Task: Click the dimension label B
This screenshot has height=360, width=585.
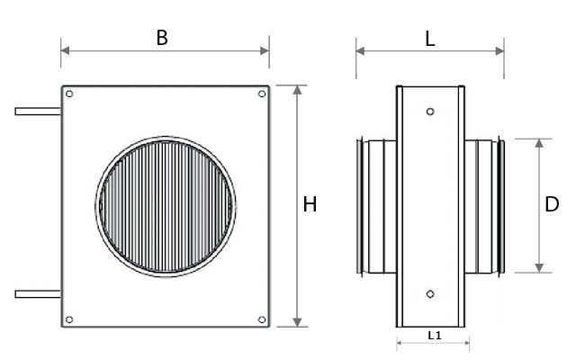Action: click(162, 38)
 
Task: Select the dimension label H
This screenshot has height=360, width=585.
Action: click(310, 204)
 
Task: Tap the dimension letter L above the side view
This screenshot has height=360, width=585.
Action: click(430, 39)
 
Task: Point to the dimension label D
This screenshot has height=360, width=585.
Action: click(552, 204)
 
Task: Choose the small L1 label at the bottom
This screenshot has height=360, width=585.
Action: click(435, 336)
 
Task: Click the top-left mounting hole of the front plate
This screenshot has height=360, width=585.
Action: click(69, 94)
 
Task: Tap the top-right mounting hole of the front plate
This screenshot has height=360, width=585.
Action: click(262, 94)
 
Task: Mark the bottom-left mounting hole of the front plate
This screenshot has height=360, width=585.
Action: click(69, 319)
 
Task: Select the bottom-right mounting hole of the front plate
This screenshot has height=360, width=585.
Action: click(262, 319)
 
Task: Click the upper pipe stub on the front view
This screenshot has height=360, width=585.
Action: click(38, 112)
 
